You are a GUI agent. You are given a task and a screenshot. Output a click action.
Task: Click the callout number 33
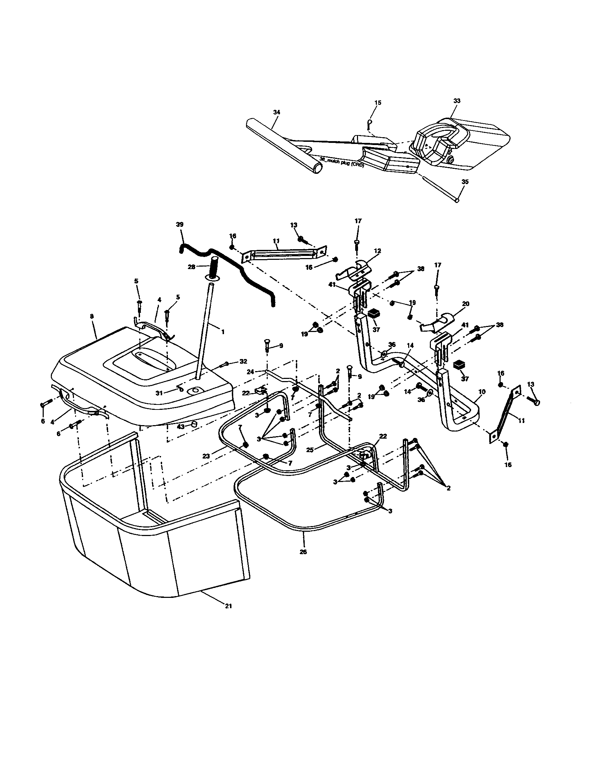457,101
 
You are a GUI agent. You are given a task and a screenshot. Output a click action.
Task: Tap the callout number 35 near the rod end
465,182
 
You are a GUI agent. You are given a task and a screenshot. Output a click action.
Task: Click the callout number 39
180,225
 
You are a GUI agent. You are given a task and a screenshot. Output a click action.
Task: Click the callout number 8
92,316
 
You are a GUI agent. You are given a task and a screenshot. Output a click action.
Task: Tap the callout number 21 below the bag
228,606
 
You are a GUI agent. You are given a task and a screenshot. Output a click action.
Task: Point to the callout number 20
465,304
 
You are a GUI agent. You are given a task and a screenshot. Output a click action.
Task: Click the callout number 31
159,393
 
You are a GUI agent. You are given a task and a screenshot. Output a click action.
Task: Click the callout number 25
310,450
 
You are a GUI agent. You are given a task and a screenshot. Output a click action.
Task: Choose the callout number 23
206,456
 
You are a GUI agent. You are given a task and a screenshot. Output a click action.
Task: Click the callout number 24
250,372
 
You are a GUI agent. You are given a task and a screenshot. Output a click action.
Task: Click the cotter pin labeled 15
369,124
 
